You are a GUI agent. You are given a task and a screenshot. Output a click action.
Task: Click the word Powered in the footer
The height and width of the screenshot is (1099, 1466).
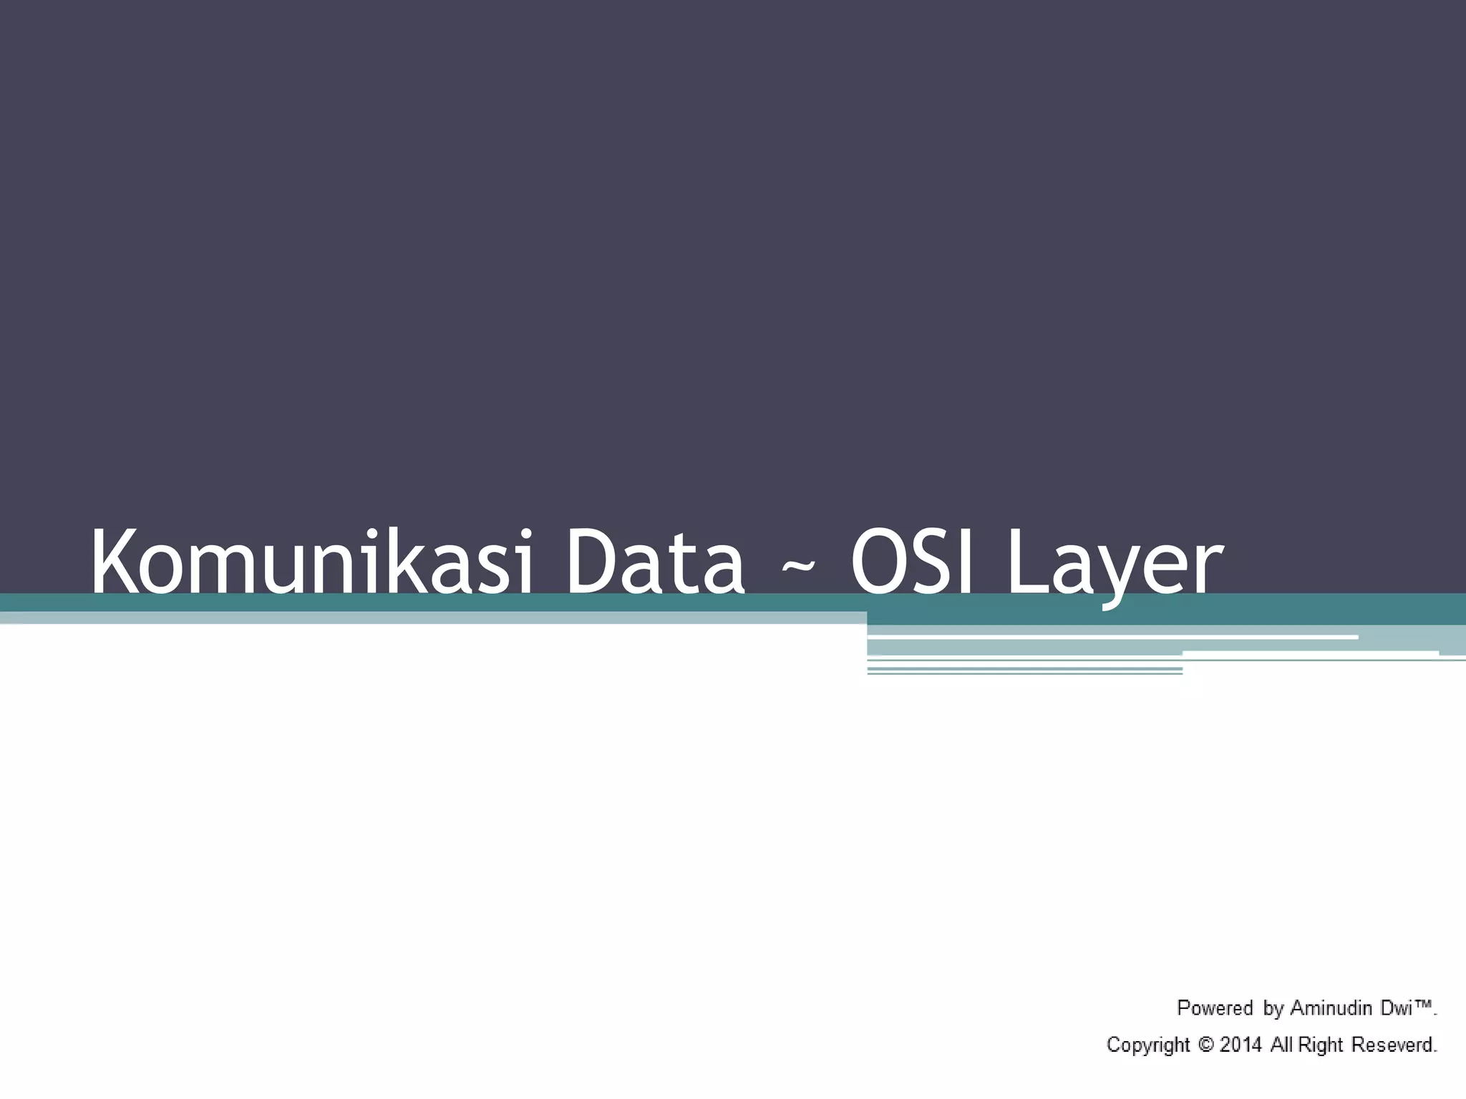(1215, 1008)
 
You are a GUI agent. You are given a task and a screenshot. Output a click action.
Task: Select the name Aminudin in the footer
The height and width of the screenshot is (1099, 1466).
(1333, 1008)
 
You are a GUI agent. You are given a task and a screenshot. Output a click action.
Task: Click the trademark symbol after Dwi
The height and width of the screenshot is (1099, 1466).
(1424, 1005)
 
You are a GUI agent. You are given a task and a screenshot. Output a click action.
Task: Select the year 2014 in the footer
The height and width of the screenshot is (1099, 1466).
(1241, 1045)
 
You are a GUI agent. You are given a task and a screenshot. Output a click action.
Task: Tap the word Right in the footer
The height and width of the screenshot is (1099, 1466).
(1321, 1045)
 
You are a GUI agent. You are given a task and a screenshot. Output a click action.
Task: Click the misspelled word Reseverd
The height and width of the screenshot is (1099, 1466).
(1394, 1045)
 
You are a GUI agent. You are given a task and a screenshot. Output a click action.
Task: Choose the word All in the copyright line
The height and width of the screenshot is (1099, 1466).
(1282, 1045)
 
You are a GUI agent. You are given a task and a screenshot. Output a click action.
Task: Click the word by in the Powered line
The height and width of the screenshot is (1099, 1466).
(1273, 1010)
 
